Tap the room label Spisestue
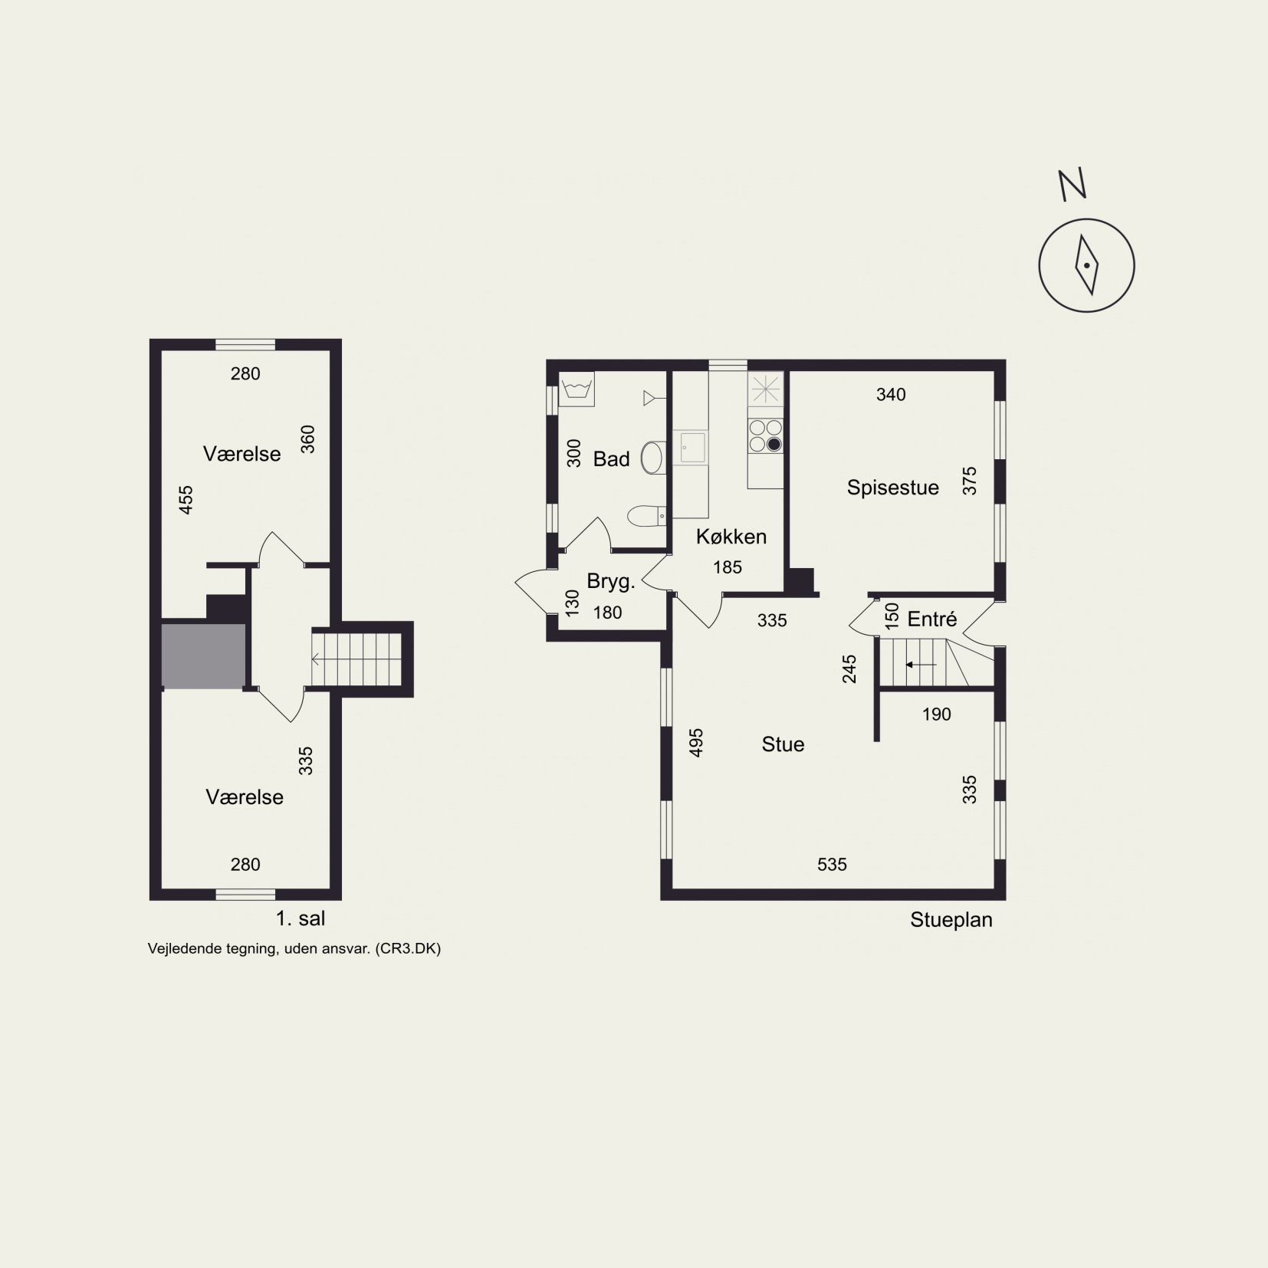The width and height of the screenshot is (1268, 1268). tap(892, 488)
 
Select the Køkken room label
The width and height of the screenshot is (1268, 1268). tap(731, 537)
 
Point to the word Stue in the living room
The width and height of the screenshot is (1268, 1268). tap(783, 744)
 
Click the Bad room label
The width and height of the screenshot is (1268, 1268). tap(611, 459)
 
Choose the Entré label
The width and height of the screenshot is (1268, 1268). tap(932, 619)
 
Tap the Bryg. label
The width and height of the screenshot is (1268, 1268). tap(611, 582)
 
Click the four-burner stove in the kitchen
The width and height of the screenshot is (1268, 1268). tap(766, 435)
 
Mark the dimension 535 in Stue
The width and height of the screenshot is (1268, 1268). tap(832, 865)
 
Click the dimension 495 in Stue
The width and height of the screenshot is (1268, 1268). tap(696, 743)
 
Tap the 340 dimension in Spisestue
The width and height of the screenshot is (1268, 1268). tap(891, 395)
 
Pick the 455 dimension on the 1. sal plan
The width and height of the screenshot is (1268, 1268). tap(186, 500)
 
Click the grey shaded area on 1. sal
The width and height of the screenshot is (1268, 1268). tap(204, 656)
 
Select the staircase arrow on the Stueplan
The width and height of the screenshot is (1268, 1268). tap(921, 665)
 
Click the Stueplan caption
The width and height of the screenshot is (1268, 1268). tap(951, 920)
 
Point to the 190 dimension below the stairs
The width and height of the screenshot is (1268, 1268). tap(936, 714)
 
